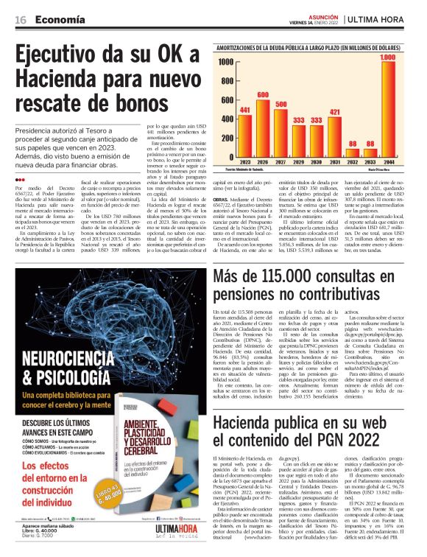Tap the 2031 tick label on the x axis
[x=334, y=162]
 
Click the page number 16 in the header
[x=21, y=20]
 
